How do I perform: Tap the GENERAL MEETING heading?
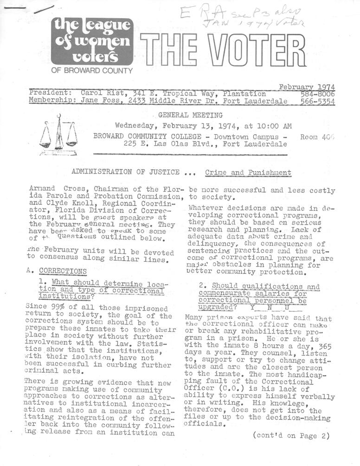[190, 115]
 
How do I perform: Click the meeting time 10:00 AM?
[275, 125]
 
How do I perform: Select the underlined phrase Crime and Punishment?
[248, 173]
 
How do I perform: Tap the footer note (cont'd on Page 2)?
[291, 435]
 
